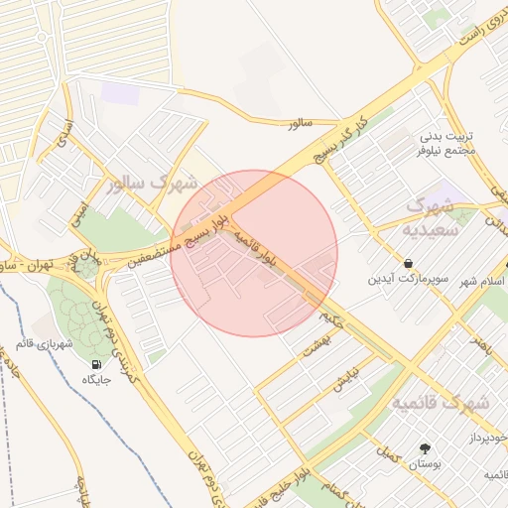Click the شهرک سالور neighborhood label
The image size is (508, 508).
point(150,184)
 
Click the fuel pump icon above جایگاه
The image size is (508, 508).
point(96,364)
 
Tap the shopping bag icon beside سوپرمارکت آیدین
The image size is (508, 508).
point(409,264)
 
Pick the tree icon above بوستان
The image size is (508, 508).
point(425,448)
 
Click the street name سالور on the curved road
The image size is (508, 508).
point(300,124)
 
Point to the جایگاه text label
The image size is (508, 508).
point(97,381)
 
